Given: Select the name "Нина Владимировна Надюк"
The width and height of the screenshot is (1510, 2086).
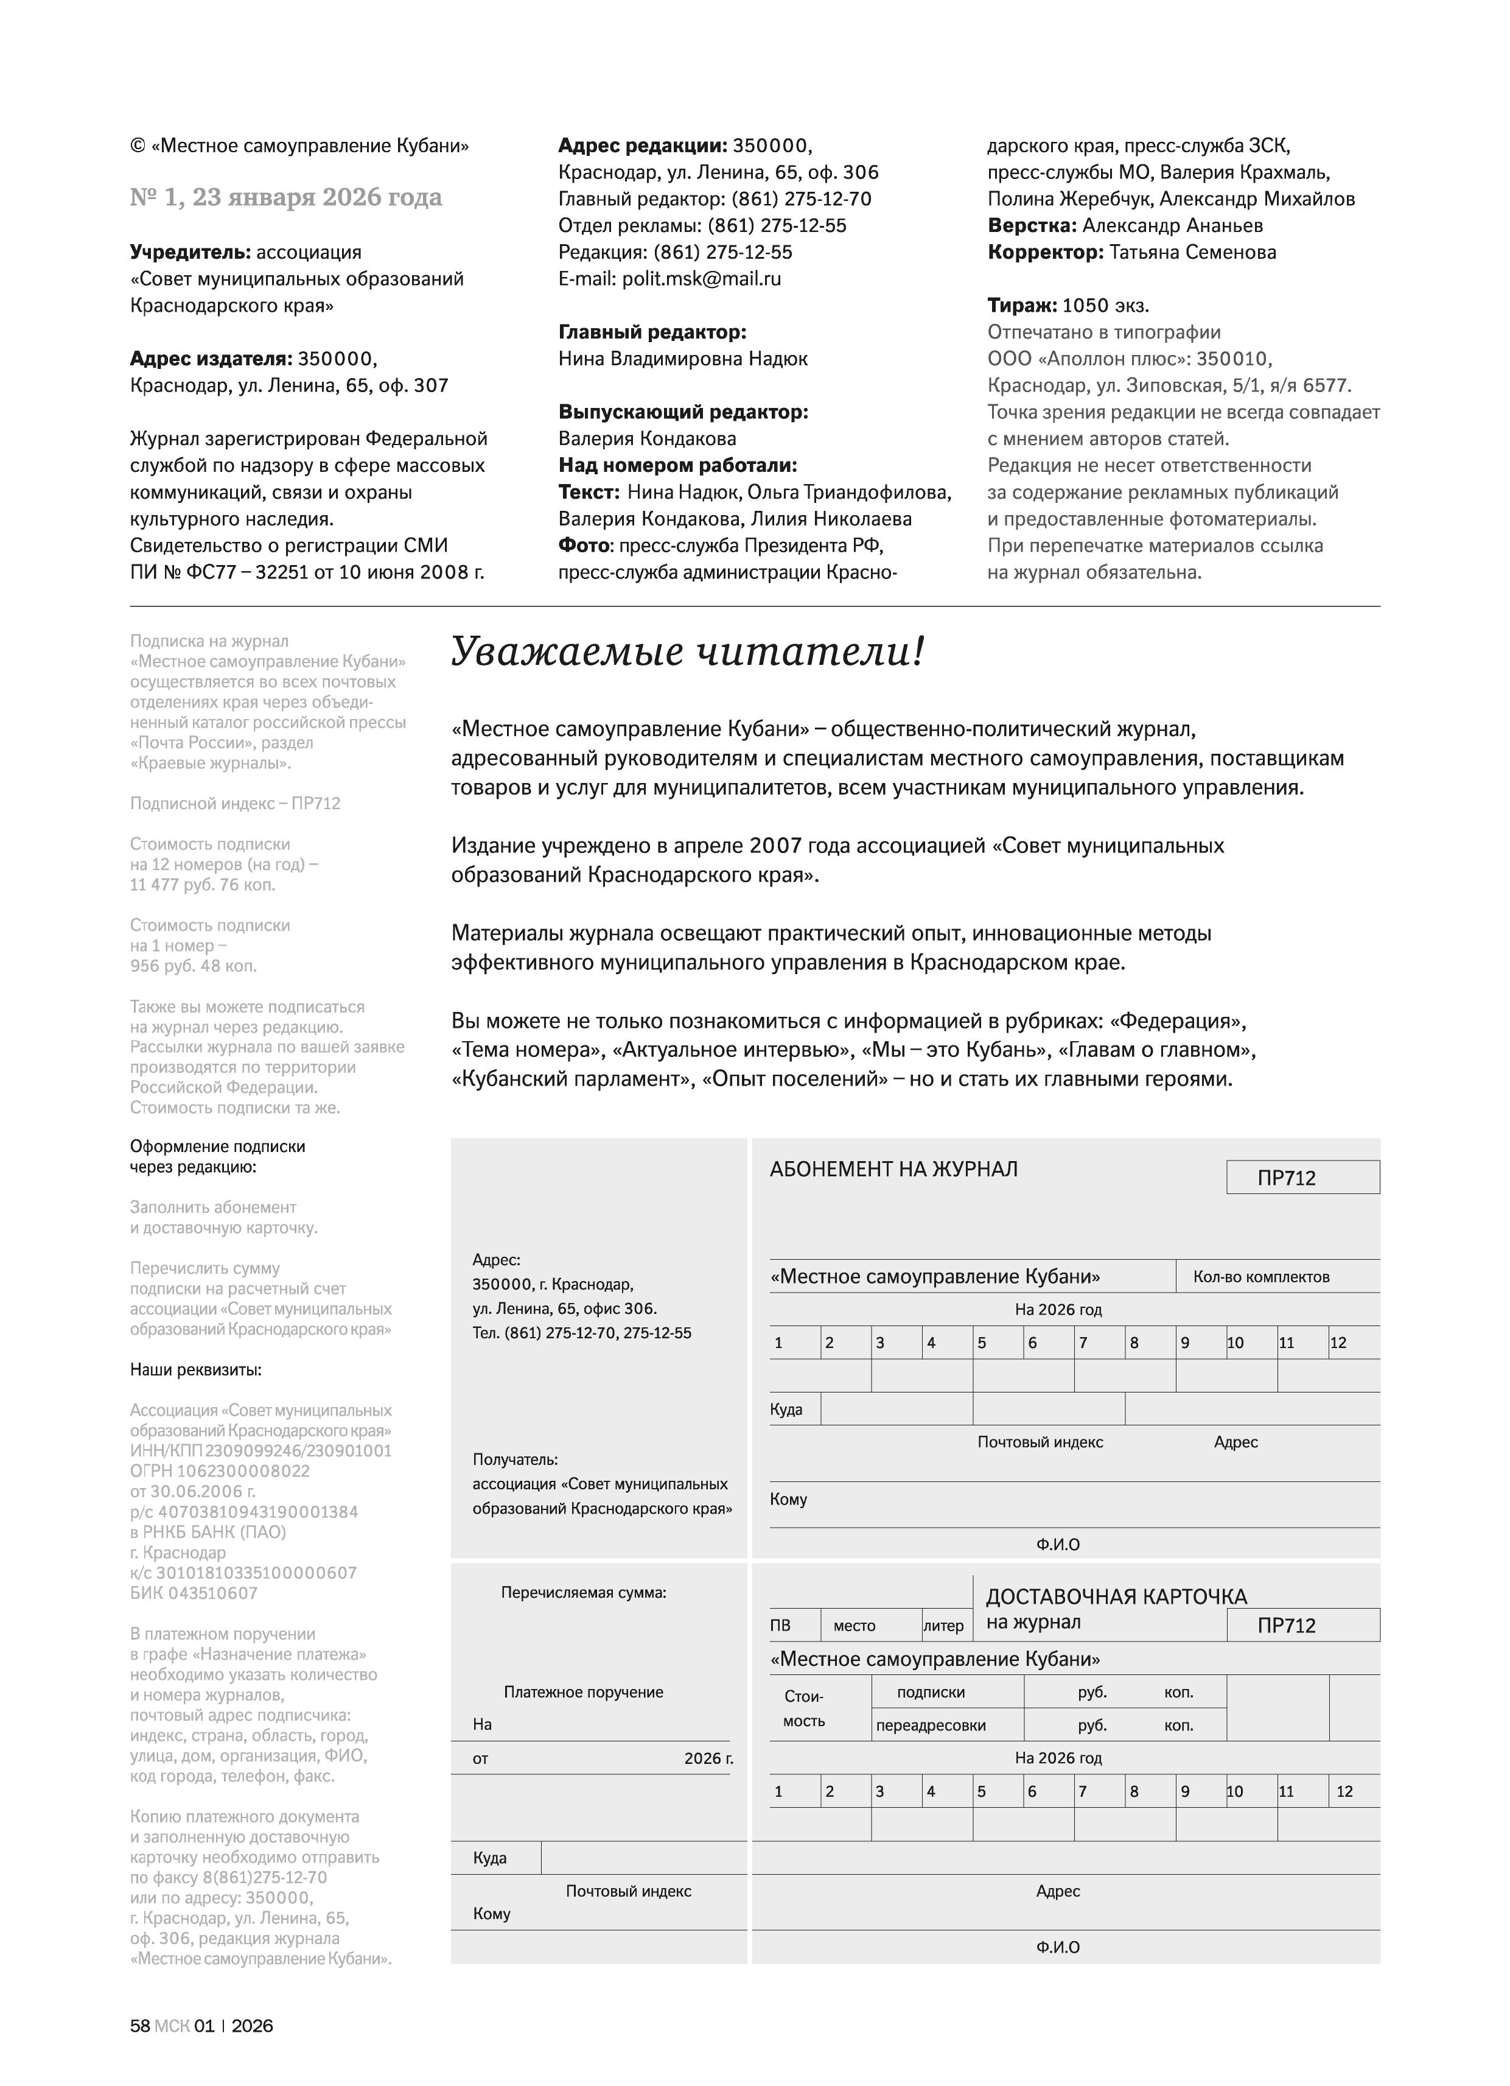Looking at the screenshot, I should [682, 359].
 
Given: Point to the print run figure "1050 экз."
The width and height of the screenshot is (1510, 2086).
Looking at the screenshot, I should [1105, 306].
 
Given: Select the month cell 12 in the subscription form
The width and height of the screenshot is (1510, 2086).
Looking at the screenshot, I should [1353, 1343].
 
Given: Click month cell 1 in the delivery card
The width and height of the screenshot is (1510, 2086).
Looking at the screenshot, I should [794, 1791].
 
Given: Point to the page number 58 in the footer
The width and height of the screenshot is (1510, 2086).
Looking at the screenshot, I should [140, 2025].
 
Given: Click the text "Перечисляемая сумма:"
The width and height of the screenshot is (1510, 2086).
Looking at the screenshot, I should [583, 1592].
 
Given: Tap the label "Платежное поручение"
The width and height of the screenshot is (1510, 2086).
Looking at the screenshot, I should [583, 1691].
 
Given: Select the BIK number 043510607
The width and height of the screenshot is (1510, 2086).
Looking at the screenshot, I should [194, 1593].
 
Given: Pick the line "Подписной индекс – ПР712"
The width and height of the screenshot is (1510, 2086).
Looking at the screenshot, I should [234, 803].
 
